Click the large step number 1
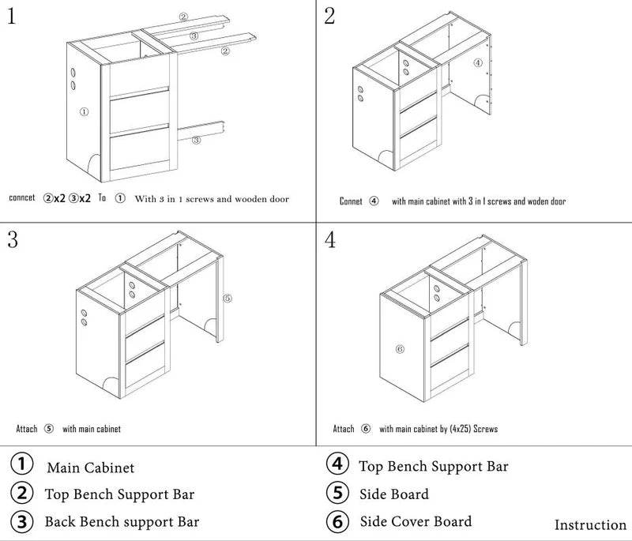pos(12,17)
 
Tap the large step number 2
pos(330,17)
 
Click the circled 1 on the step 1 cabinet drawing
pos(85,112)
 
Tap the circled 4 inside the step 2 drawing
pos(477,62)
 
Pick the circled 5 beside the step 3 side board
pos(227,299)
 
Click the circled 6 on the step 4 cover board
pos(399,348)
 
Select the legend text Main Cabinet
pos(90,468)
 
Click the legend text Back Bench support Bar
pos(122,521)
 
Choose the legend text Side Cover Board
pos(416,521)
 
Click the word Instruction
pos(590,525)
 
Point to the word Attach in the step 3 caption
pos(27,430)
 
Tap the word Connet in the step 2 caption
pos(351,201)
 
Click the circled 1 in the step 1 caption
pos(120,199)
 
